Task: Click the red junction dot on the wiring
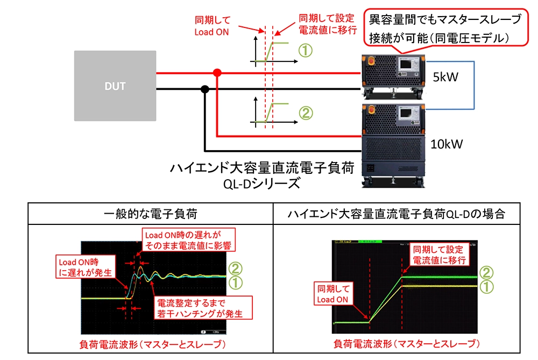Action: [216, 73]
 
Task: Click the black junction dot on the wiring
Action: [204, 89]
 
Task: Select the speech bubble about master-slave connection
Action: [444, 29]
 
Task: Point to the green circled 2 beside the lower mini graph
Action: [305, 114]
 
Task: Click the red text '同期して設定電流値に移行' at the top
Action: [327, 25]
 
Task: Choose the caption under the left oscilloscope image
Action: [151, 343]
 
